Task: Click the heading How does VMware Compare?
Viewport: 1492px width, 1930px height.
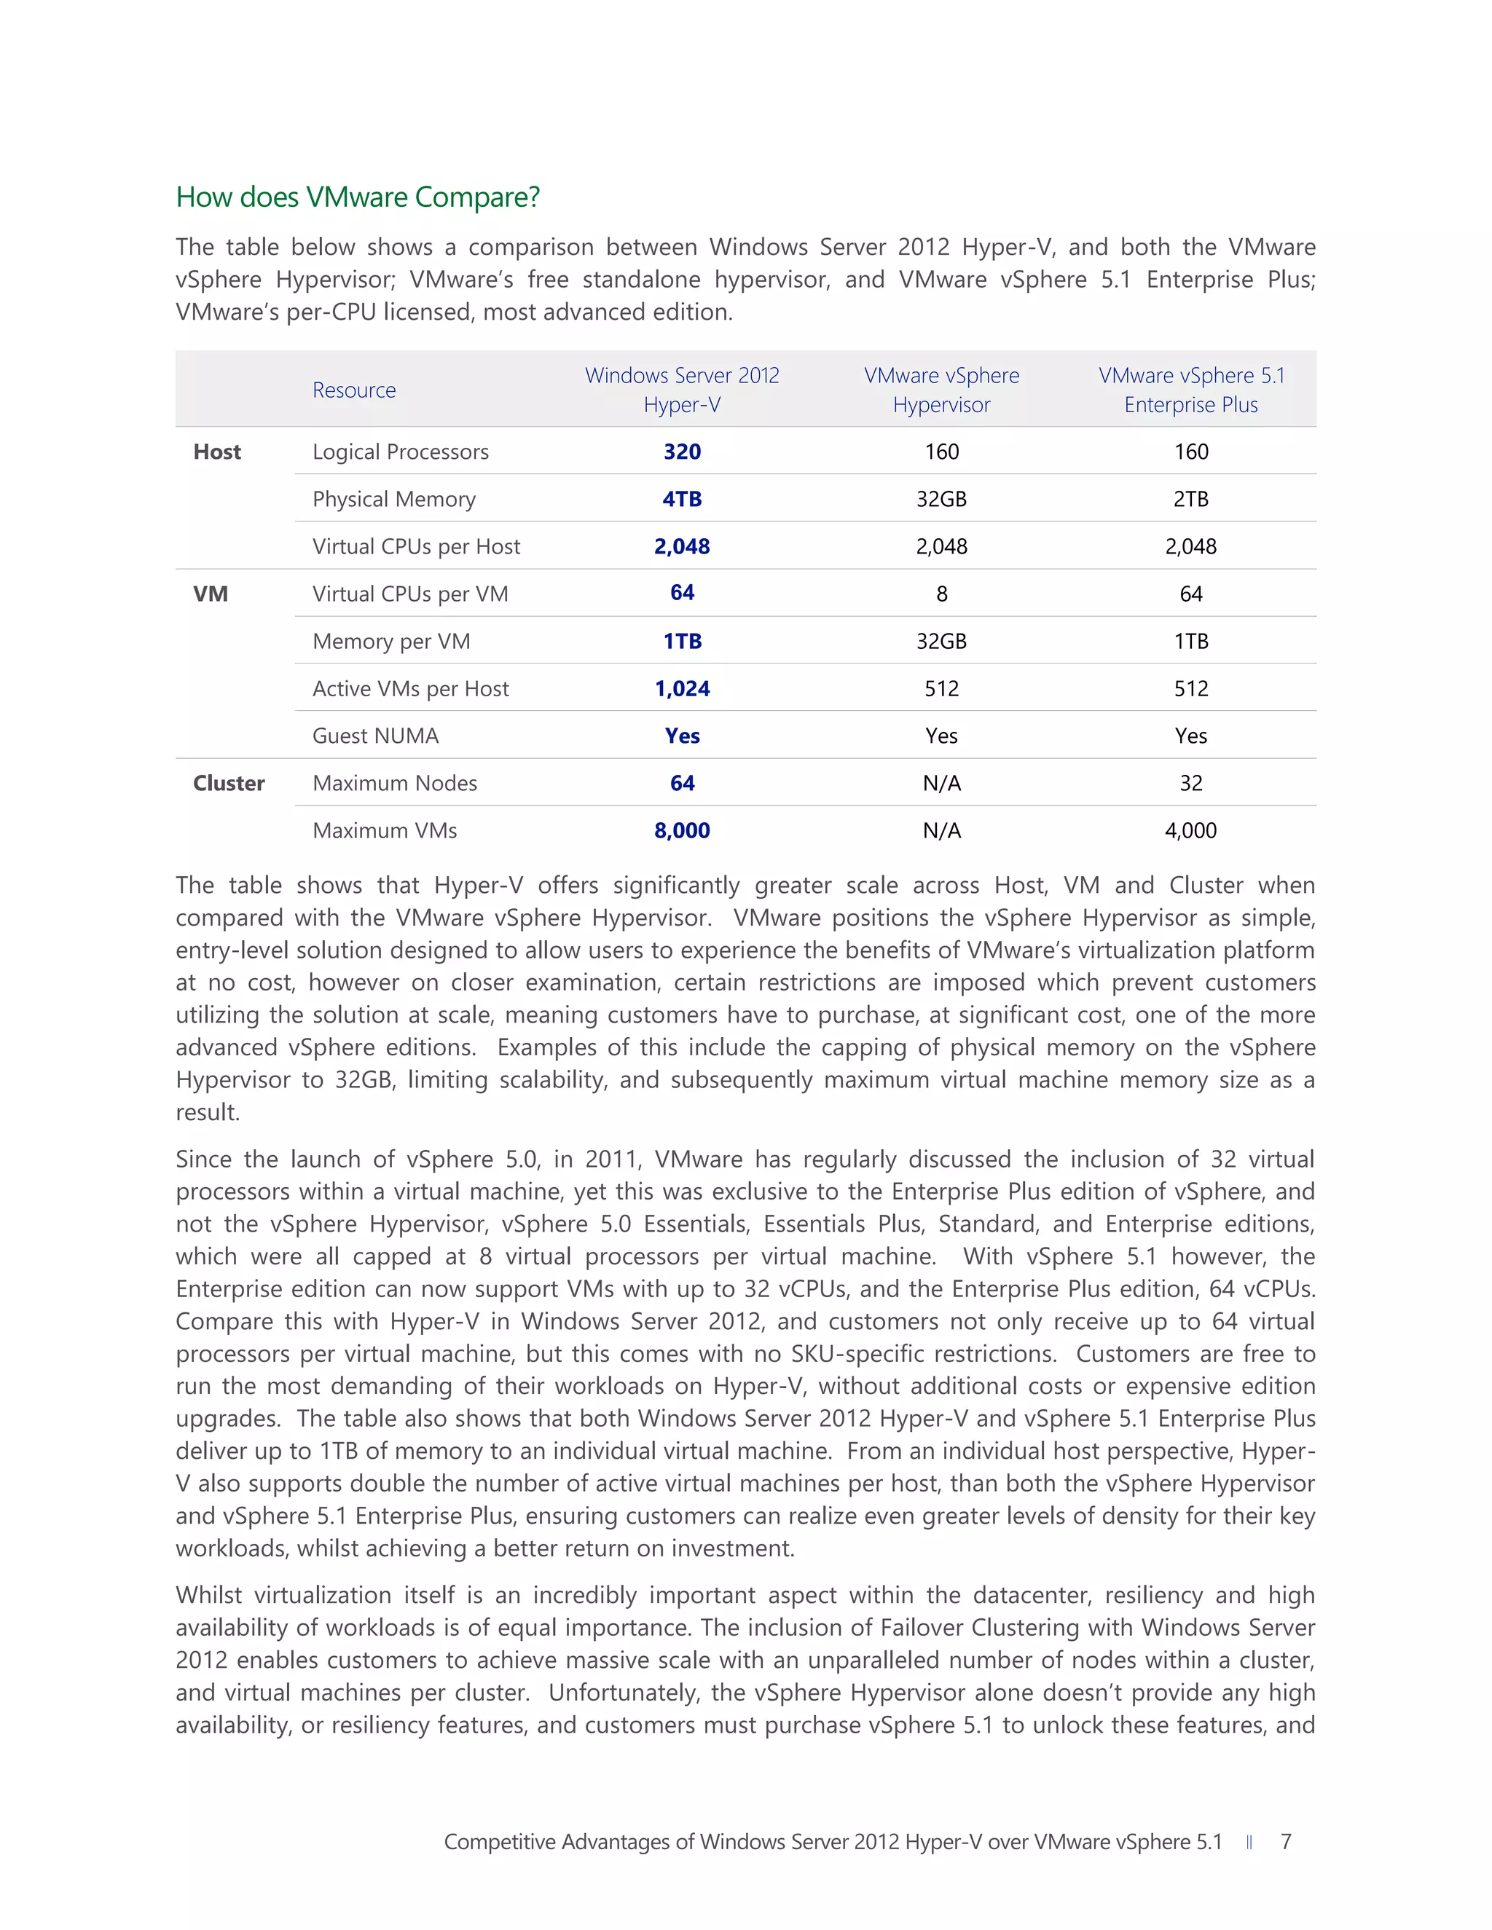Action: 357,197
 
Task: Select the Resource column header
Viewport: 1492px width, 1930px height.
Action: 353,390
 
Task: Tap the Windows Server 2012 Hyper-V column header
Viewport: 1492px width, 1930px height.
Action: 681,390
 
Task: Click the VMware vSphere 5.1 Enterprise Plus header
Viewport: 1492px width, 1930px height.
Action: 1190,390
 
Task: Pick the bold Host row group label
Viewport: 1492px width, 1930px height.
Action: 216,452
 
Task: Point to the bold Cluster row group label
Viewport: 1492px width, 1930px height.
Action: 228,783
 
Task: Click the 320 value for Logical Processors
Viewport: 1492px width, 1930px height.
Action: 681,452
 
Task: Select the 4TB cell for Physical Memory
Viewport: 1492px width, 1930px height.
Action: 681,500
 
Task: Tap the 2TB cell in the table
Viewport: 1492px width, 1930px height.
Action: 1190,500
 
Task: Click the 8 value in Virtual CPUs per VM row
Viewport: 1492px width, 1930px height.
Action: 941,594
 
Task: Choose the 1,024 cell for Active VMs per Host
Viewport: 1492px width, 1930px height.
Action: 681,688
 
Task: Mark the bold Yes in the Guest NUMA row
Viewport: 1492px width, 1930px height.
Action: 681,736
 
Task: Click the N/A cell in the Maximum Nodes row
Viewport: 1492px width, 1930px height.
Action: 941,783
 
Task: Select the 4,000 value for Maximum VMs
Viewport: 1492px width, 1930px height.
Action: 1190,831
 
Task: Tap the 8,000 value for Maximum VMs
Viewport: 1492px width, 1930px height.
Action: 681,831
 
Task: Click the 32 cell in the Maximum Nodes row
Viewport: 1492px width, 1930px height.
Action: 1190,783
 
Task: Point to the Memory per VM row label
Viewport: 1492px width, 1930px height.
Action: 390,642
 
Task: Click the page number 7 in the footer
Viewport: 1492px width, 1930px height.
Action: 1286,1842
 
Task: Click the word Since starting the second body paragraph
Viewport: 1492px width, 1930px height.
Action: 203,1159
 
